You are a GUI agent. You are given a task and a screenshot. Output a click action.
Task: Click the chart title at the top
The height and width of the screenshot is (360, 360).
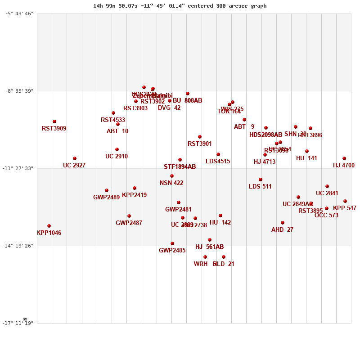coord(180,6)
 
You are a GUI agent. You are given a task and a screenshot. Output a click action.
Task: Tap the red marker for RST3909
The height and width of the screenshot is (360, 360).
coord(54,121)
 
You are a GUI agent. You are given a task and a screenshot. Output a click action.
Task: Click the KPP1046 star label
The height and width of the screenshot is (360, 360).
coord(49,233)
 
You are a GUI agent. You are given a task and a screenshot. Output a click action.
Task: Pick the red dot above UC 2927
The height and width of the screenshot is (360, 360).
coord(75,158)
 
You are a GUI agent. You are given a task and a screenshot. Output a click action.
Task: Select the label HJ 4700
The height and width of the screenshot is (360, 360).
coord(344,166)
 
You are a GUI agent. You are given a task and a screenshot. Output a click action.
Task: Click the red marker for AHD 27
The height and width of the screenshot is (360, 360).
coord(283,223)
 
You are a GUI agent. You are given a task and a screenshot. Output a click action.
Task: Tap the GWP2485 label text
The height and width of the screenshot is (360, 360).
coord(172,251)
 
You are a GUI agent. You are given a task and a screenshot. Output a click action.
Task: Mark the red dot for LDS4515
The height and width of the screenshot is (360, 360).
coord(218,154)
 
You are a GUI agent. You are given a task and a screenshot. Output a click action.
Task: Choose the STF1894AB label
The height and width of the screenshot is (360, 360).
coord(180,167)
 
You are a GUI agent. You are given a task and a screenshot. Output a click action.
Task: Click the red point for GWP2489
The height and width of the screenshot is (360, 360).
coord(107,190)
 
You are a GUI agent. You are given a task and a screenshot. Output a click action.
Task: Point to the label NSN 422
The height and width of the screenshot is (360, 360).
coord(171,183)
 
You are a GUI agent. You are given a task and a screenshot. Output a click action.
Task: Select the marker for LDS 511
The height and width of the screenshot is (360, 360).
coord(261,180)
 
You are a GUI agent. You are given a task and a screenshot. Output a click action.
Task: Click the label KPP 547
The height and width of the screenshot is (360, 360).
coord(345,208)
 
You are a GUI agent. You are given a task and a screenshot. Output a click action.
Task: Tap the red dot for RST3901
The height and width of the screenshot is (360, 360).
coord(200,137)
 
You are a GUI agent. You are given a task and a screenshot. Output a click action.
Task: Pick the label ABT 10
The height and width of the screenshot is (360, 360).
coord(117,131)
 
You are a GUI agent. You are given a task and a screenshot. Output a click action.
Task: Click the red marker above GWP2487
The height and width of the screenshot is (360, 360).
coord(129,216)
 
